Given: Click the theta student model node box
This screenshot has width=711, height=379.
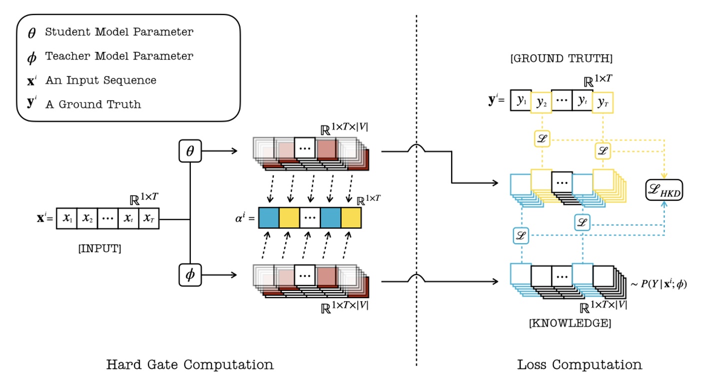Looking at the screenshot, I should point(190,151).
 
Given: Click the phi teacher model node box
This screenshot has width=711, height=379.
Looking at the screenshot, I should point(190,275).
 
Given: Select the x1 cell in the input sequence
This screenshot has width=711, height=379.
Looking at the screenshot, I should point(66,218).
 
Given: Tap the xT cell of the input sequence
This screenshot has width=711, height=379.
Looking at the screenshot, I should point(148,218).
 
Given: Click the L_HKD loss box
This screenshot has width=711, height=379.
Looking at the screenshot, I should point(665,190).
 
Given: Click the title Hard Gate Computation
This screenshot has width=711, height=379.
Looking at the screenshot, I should point(190,364).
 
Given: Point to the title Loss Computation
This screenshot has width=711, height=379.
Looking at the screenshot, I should point(579,364).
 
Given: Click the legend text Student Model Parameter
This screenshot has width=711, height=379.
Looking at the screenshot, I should point(119,32).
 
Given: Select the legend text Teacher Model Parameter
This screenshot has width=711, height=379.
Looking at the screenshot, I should point(119,56).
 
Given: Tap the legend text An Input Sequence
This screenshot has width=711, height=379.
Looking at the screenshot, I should point(100,80).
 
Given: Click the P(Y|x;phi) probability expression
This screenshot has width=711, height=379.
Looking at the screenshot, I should point(658,285).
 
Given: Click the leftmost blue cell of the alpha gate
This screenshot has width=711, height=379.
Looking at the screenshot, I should point(269,218).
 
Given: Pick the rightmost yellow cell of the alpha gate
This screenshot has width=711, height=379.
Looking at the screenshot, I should point(351,218).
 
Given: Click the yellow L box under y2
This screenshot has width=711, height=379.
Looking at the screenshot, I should point(541,140).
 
